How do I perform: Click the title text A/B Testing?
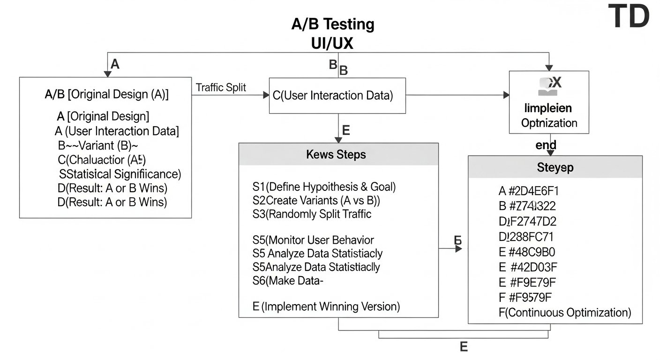coord(333,24)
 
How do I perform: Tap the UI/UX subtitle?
coord(332,43)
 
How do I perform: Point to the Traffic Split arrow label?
coord(221,88)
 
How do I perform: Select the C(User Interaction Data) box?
coord(337,96)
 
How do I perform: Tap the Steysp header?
coord(555,167)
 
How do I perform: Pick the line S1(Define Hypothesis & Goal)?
coord(324,187)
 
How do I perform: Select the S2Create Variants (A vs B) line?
coord(316,200)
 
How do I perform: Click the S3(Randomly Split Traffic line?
coord(312,214)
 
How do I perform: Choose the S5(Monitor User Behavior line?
coord(313,240)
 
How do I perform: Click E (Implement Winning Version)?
coord(326,307)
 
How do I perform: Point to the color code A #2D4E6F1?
coord(528,191)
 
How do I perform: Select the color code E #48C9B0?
coord(527,252)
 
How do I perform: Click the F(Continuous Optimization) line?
coord(565,312)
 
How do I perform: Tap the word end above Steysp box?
coord(546,145)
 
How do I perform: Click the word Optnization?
coord(549,123)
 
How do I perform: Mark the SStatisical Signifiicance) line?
coord(120,174)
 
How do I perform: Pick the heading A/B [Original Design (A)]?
coord(106,94)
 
